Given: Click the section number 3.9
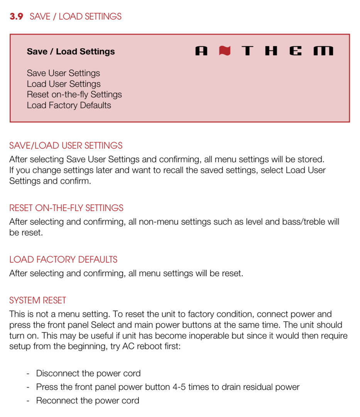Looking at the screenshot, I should (x=17, y=17).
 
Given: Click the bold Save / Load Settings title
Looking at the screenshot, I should (x=71, y=52).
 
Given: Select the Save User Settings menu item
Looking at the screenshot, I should (x=63, y=73).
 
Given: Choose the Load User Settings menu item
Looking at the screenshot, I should (x=64, y=84).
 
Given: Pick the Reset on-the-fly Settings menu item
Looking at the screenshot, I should (x=74, y=95).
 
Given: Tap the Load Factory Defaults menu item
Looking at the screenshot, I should (x=69, y=105).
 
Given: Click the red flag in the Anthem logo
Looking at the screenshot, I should (x=225, y=51).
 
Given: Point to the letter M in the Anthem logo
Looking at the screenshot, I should (x=323, y=51).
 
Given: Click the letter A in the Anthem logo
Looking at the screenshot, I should (x=201, y=51).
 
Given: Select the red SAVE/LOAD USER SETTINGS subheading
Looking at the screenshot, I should (x=66, y=146).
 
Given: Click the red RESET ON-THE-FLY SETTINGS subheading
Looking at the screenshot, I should (x=66, y=208).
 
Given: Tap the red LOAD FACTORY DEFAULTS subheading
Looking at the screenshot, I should (x=63, y=259).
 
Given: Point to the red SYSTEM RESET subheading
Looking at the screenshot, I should (x=38, y=300).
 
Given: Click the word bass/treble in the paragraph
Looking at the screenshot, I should (x=305, y=222).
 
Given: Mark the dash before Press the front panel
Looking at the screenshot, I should (x=28, y=387).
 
